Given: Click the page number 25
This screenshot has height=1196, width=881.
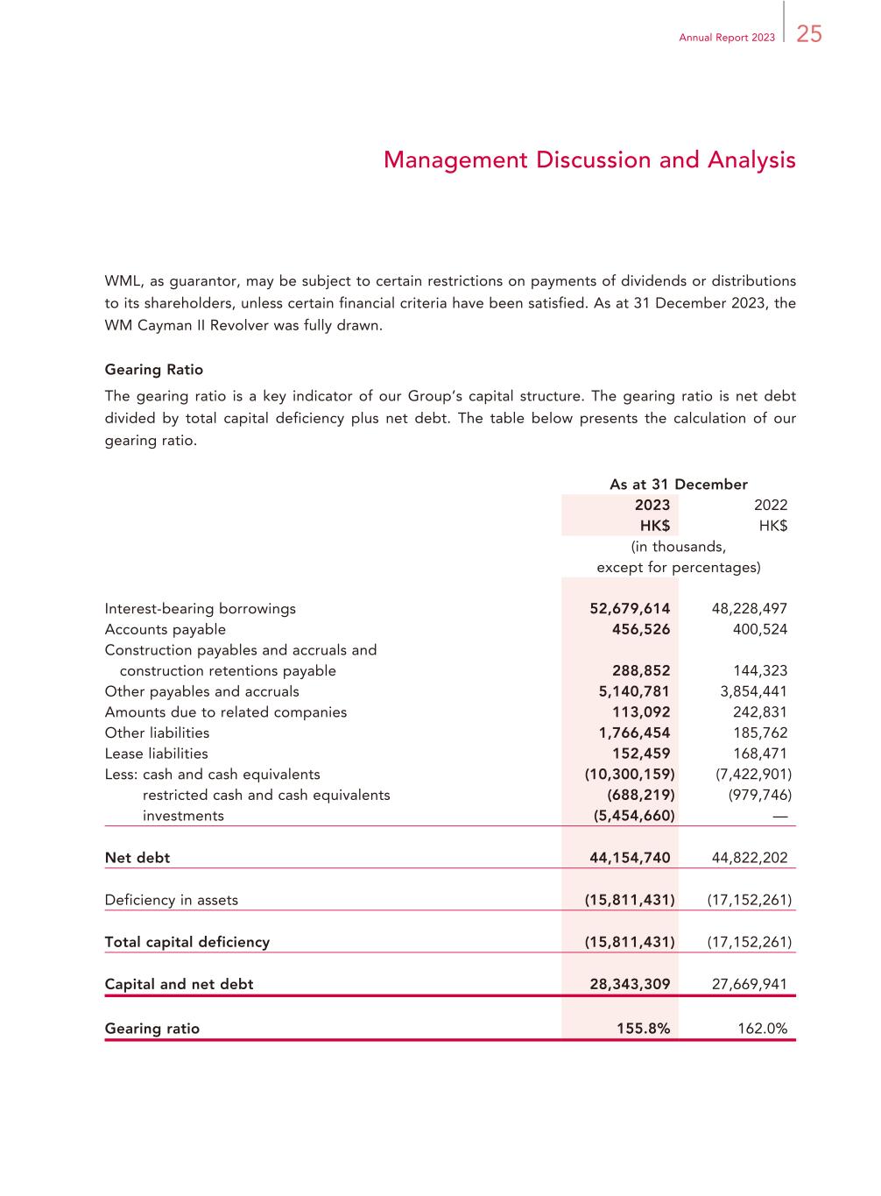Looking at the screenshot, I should pos(809,34).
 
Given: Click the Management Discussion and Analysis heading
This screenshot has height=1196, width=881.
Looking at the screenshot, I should pos(589,160).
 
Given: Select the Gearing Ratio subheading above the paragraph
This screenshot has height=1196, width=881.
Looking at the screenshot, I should pos(154,370).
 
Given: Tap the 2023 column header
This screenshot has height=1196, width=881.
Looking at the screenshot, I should pos(652,505).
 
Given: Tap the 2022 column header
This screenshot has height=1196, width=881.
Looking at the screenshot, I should pos(771,505).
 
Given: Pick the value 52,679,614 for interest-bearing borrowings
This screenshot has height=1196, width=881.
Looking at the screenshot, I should pos(630,608).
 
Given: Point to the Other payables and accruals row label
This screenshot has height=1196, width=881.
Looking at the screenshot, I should pos(201,691).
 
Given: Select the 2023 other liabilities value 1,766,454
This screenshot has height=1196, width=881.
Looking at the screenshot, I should pos(634,732).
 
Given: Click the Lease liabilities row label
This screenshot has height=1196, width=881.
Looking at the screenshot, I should pos(157,754).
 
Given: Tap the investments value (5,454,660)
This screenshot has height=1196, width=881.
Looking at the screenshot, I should pos(630,816).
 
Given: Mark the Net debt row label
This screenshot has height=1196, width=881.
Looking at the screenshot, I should pos(137,858).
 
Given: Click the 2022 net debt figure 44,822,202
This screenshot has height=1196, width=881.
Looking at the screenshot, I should pos(750,858).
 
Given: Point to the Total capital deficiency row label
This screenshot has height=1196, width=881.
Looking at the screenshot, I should pos(187,942).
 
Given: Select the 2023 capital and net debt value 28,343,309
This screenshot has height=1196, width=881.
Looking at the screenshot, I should pos(630,984).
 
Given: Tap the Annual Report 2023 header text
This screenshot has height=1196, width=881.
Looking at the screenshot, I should pos(727,38).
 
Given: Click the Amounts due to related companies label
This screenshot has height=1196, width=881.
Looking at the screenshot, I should pos(226,712).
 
